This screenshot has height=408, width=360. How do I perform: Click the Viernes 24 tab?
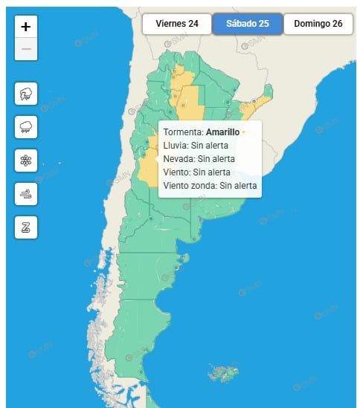(x=176, y=24)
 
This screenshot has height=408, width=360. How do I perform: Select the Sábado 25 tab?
(x=247, y=24)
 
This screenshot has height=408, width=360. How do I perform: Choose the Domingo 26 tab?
(x=318, y=24)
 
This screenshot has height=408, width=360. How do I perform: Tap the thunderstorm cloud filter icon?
(x=26, y=94)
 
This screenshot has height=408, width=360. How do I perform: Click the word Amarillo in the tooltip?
(x=222, y=132)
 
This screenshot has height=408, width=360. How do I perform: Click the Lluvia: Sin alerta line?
(x=196, y=146)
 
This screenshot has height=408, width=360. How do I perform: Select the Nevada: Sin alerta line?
(x=199, y=158)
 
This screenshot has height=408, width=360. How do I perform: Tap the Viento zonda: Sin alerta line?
(x=210, y=185)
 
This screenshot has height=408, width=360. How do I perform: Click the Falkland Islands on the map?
(x=221, y=371)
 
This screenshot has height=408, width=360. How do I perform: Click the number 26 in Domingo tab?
(x=337, y=24)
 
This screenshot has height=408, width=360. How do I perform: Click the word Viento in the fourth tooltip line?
(x=176, y=172)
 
